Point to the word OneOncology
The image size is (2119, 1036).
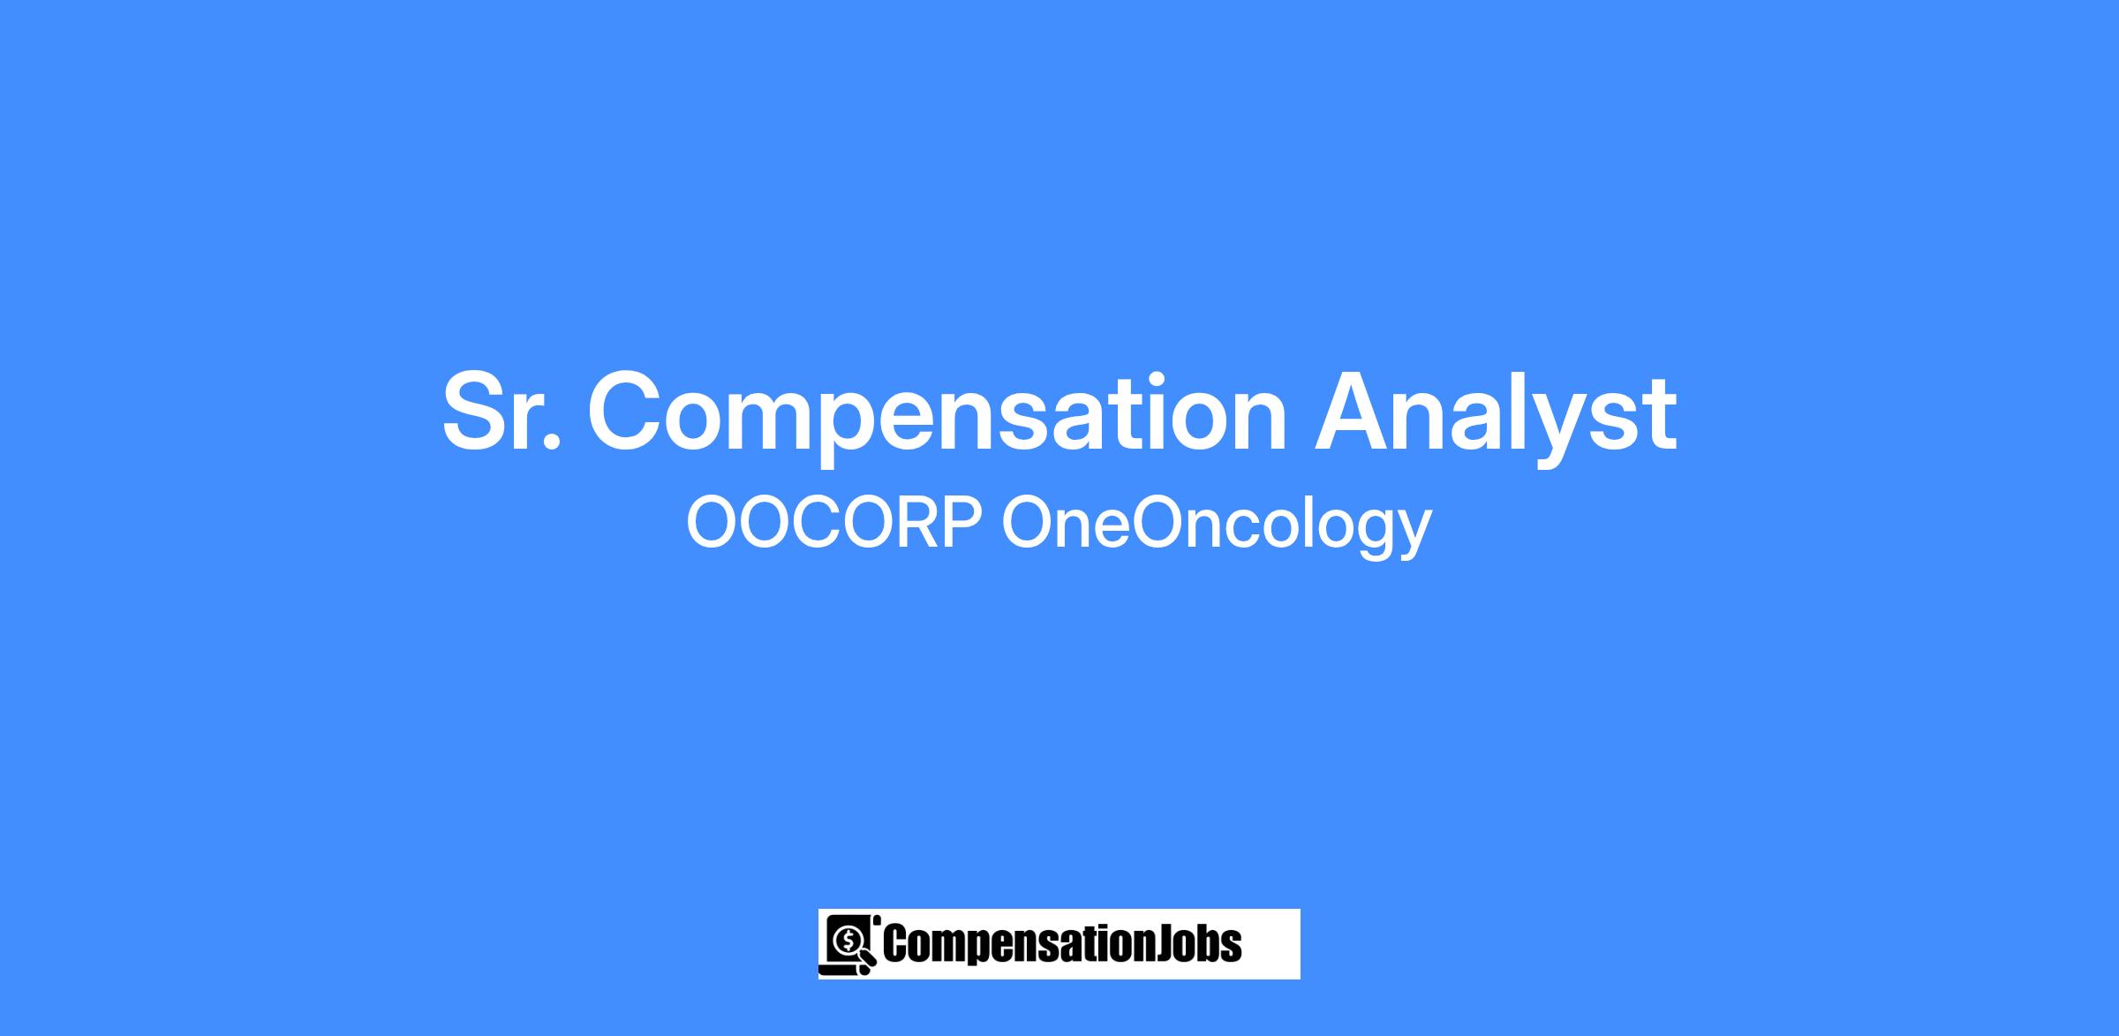[1217, 527]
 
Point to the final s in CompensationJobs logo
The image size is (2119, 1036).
[1232, 949]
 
